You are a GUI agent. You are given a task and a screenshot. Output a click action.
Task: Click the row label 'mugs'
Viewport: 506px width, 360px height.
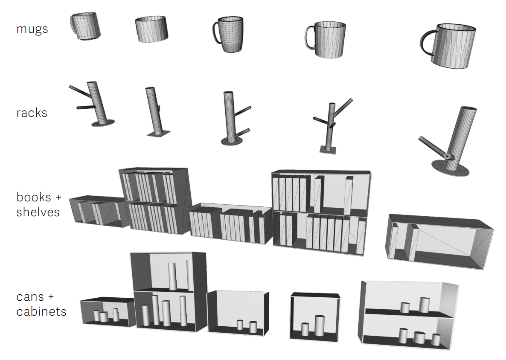point(32,29)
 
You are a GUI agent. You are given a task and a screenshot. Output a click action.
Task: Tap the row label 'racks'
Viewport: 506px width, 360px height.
point(32,113)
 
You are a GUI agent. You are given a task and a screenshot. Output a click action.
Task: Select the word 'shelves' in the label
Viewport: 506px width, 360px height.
point(38,212)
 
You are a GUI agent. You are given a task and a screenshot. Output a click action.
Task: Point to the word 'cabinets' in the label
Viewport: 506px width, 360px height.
point(41,312)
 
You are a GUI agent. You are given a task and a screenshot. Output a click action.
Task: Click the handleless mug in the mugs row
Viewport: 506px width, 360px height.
point(151,29)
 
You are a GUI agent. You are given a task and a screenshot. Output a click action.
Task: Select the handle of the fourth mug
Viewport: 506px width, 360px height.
point(309,38)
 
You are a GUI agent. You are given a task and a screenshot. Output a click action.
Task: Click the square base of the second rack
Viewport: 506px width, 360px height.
point(158,134)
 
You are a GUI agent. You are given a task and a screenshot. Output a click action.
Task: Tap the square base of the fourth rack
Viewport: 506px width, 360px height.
point(328,150)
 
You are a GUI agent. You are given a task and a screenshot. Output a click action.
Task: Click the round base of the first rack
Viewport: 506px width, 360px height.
point(103,123)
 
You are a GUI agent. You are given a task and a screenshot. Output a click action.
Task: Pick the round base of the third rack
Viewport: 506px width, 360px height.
point(232,141)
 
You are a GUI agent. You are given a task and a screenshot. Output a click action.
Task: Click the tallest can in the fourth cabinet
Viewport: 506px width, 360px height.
point(320,325)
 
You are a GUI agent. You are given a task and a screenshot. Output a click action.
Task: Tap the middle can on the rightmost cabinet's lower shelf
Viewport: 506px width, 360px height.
point(419,337)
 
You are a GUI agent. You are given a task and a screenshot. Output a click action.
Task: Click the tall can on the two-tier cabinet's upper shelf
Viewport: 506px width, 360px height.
point(173,276)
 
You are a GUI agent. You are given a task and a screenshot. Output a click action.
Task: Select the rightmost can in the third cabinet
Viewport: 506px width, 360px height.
point(253,327)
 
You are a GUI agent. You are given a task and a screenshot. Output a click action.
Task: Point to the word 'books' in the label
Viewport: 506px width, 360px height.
point(34,197)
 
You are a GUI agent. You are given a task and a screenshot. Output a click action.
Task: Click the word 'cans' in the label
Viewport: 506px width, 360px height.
point(30,297)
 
